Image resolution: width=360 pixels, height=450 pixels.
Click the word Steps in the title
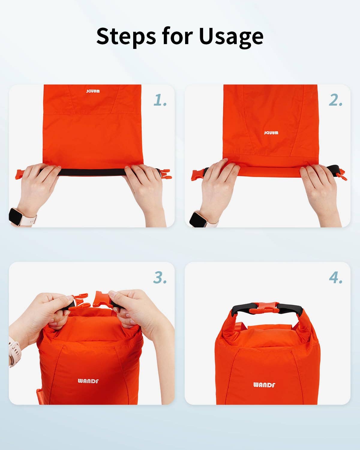(x=126, y=36)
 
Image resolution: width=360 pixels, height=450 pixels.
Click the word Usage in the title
(x=231, y=37)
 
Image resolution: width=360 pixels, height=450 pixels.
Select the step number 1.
(x=160, y=100)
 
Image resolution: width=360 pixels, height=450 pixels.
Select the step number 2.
(x=335, y=100)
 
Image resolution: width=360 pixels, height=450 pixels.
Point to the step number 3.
(x=160, y=277)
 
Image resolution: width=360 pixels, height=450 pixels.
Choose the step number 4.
(x=335, y=277)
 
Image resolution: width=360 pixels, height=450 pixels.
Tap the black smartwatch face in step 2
(x=198, y=220)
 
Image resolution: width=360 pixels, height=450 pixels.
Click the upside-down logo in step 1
(x=93, y=91)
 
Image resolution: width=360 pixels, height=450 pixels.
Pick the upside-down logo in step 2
(x=271, y=133)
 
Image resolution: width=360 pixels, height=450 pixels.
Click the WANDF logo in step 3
(x=88, y=381)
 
